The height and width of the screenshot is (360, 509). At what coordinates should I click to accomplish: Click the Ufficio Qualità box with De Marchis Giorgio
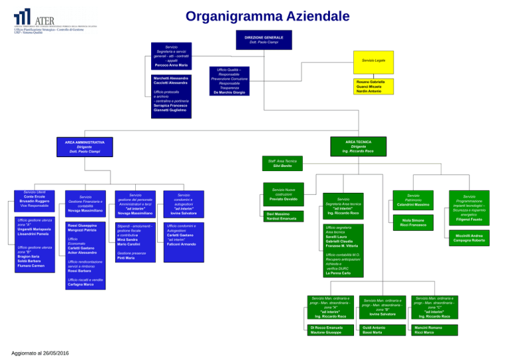[230, 81]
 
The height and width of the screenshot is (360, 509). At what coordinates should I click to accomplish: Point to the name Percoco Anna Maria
[171, 65]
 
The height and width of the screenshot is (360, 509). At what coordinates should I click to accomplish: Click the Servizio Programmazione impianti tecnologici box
[469, 207]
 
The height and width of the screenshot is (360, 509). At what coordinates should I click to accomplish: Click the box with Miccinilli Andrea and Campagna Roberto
[469, 237]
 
